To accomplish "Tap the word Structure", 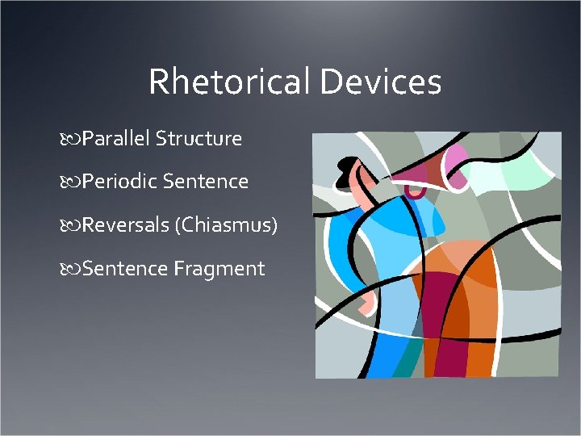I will click(199, 139).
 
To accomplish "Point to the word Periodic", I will click(119, 182).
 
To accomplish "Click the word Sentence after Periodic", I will click(205, 182).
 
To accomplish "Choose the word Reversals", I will click(125, 224).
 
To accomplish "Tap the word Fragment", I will click(219, 268).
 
